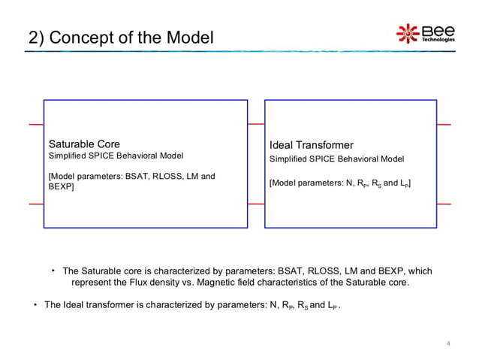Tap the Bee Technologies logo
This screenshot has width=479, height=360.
[x=425, y=33]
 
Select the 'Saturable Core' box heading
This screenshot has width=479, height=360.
[x=84, y=144]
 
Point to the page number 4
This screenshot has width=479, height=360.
[x=447, y=344]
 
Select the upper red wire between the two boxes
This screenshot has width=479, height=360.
[x=256, y=123]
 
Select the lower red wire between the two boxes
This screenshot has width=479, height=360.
[x=256, y=204]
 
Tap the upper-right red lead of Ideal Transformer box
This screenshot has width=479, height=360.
[x=444, y=123]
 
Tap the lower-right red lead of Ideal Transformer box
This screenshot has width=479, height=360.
[x=444, y=204]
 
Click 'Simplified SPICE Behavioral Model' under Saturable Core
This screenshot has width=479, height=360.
[x=116, y=156]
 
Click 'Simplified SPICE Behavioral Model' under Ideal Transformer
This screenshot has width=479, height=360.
[x=336, y=159]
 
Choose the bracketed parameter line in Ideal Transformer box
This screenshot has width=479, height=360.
[x=339, y=183]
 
